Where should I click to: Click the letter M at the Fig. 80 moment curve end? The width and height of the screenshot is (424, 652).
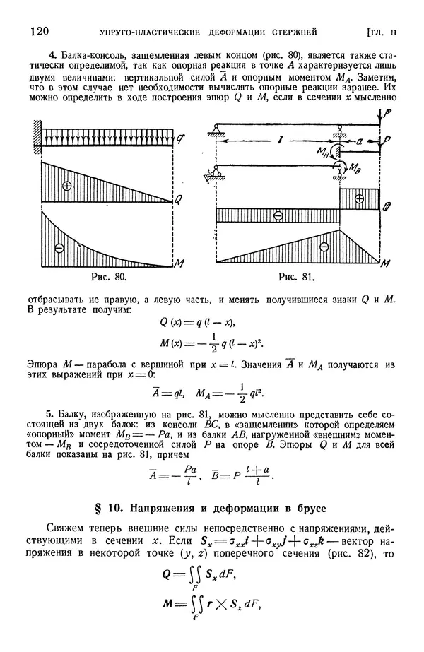point(180,264)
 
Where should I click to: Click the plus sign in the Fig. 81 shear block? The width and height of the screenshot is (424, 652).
point(359,199)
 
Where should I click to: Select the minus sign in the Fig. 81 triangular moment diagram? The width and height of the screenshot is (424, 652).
point(324,247)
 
